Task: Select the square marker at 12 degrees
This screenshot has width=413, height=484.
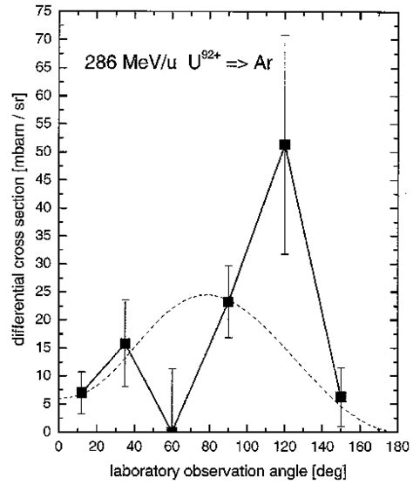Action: click(81, 393)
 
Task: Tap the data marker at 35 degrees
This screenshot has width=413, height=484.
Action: click(125, 344)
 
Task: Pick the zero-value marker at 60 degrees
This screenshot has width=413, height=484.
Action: click(172, 431)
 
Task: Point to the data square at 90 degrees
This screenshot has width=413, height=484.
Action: click(228, 302)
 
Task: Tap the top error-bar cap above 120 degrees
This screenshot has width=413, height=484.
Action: click(285, 35)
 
